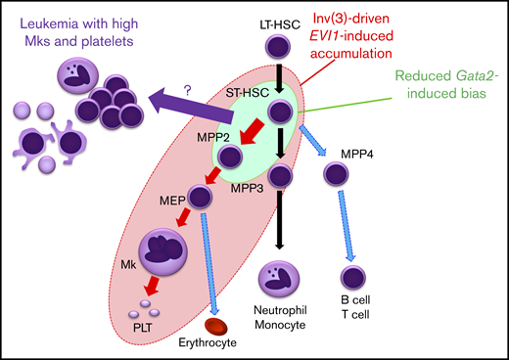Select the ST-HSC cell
coord(280,112)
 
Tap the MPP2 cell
coord(231,157)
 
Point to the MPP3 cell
coord(280,177)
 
